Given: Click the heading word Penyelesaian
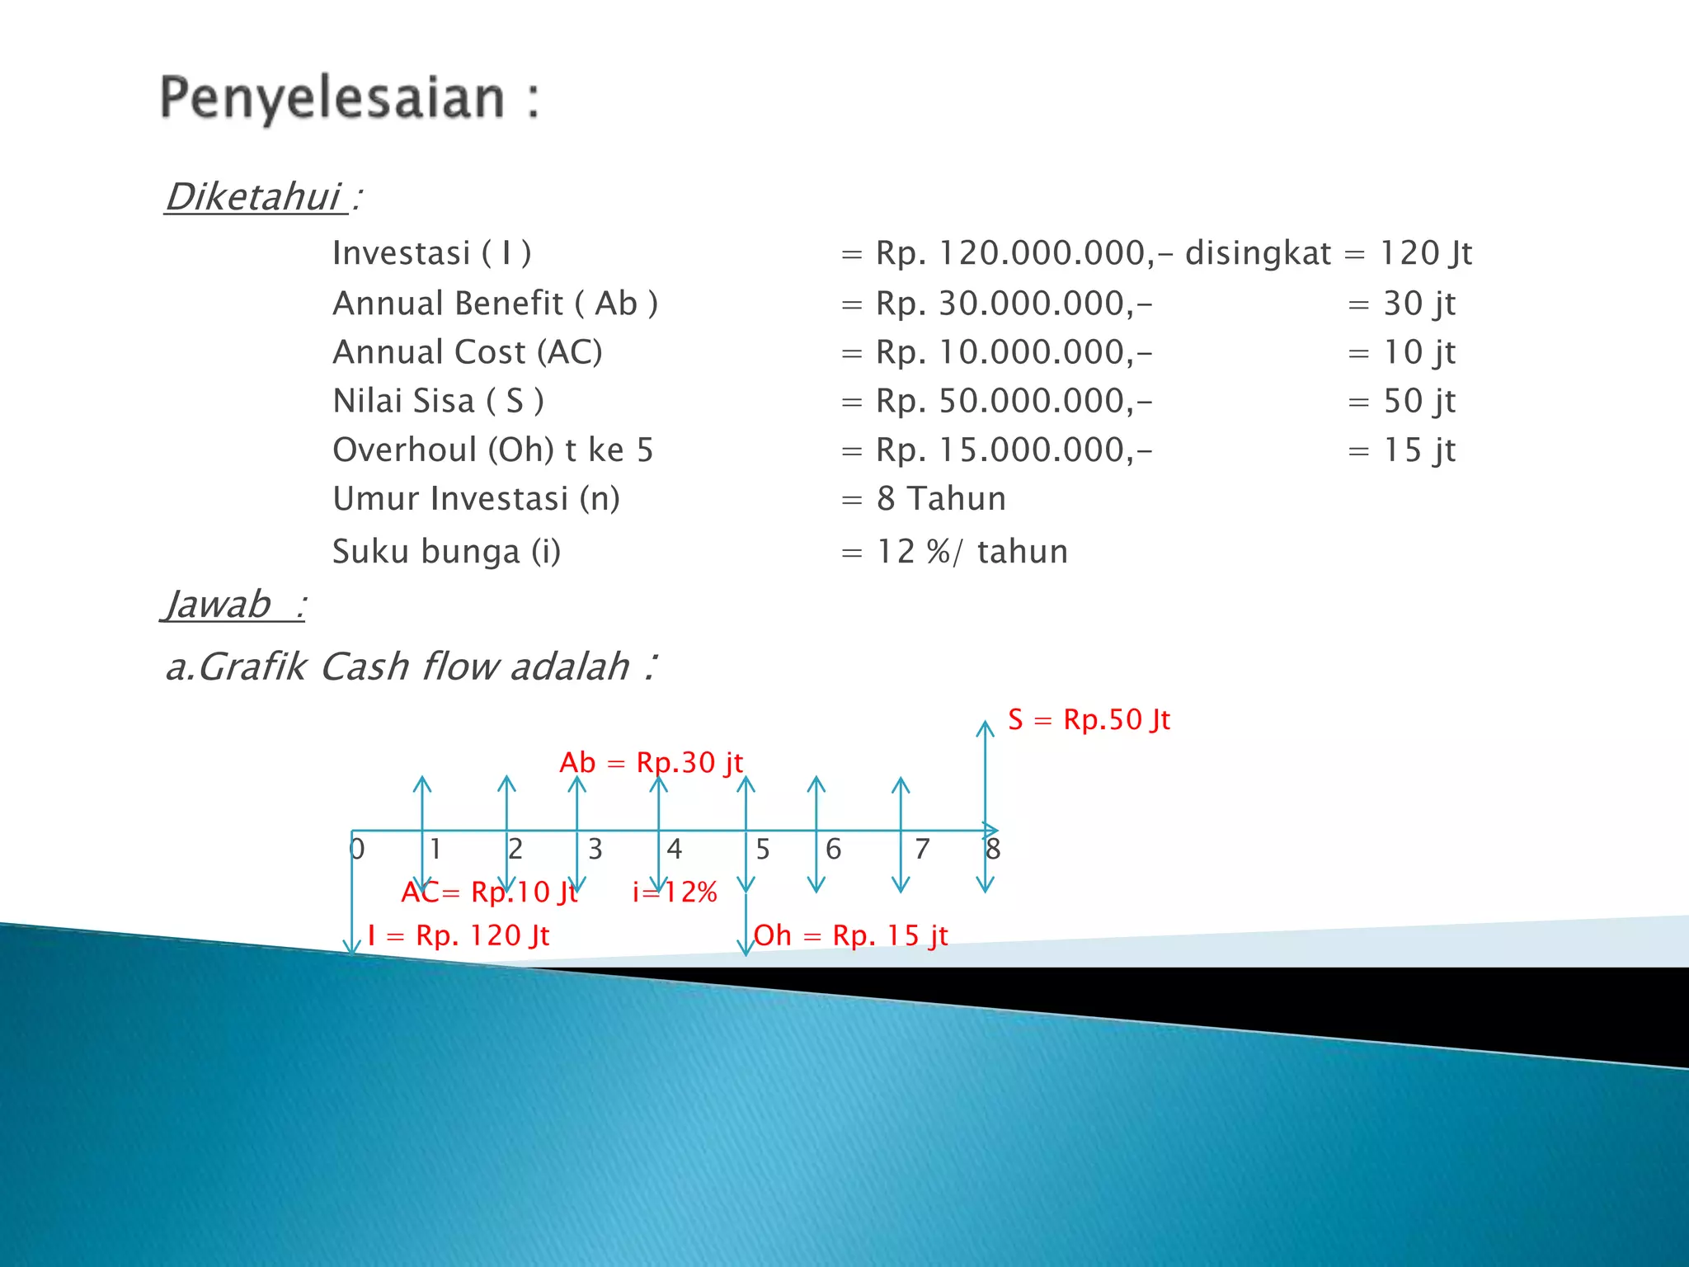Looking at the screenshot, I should point(332,98).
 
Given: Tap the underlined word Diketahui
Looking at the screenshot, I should point(254,197).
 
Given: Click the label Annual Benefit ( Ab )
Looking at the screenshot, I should point(495,304).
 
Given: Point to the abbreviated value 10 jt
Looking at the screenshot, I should point(1418,353).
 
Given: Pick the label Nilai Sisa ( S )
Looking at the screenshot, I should point(438,402).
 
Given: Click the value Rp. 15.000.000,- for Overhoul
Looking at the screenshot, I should point(1014,450).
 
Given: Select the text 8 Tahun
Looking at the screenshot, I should point(941,499).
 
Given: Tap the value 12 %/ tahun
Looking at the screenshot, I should point(972,552).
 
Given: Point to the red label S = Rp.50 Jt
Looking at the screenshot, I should point(1089,720).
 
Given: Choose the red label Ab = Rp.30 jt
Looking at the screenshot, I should point(651,763).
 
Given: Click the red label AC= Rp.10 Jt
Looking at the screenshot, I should point(489,893).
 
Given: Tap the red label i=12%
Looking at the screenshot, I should point(675,893).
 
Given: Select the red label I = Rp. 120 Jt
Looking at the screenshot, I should point(459,936).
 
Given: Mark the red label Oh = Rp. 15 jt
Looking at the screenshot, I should point(850,936).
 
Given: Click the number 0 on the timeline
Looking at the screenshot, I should point(357,850).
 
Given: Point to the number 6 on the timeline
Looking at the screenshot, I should point(834,850).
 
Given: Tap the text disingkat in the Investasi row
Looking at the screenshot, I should point(1258,253).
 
